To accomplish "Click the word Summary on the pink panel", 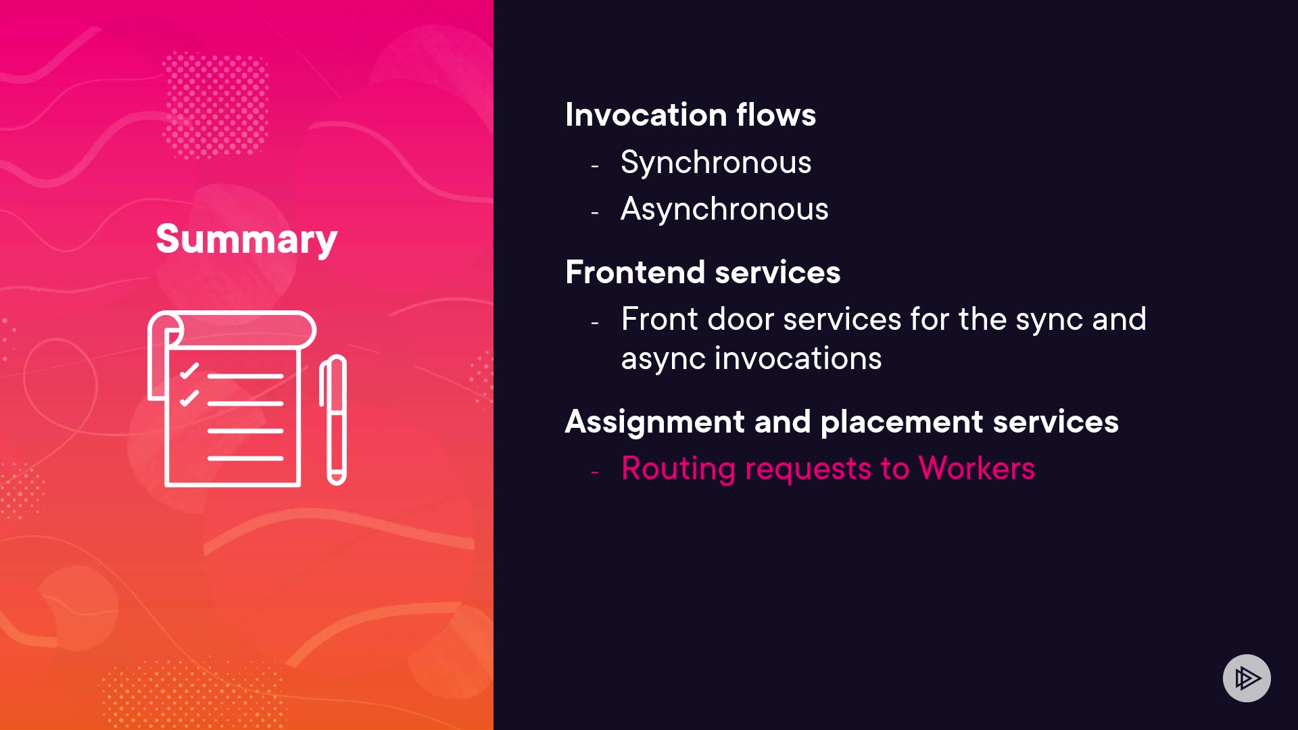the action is coord(246,239).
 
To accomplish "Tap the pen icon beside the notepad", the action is coord(333,420).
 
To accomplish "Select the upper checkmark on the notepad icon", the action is coord(189,370).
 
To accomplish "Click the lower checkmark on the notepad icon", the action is coord(189,397).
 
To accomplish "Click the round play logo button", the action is coord(1247,678).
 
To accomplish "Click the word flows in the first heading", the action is coord(776,114).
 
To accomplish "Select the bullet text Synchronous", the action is coord(716,163).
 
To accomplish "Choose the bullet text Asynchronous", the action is coord(725,210).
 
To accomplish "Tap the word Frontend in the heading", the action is coord(635,272).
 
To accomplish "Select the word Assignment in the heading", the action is coord(654,422).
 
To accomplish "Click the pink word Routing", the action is coord(678,469).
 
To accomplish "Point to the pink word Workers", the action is coord(977,468).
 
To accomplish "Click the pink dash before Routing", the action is coord(595,472).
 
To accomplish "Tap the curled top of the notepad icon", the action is coord(232,330).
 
